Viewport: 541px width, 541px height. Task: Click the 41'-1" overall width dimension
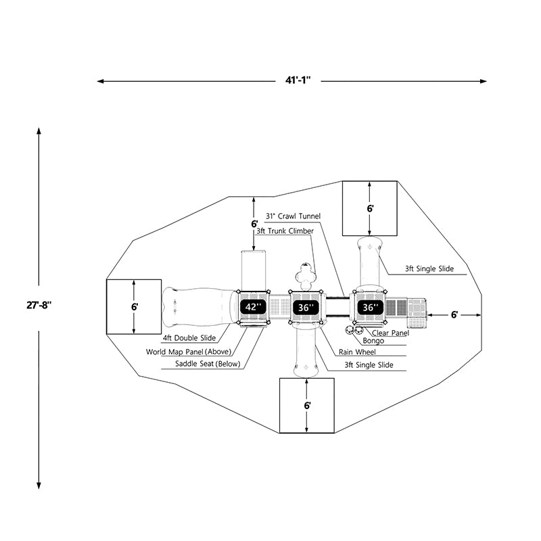click(298, 80)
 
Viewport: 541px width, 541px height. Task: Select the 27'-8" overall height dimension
click(39, 306)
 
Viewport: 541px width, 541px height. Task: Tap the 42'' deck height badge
click(254, 307)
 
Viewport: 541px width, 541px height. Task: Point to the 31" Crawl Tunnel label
click(293, 216)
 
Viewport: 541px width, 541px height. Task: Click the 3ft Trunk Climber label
click(285, 231)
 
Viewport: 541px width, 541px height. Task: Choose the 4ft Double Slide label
click(189, 338)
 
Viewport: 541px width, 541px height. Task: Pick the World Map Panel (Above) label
click(189, 352)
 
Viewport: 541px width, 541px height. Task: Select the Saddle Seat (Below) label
click(208, 364)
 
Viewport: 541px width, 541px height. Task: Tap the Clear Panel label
click(390, 333)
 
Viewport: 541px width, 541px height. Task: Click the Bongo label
click(373, 341)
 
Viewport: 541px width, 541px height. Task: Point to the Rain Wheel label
click(357, 352)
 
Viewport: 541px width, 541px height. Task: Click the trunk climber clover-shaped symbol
click(306, 276)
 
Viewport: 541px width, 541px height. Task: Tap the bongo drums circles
click(354, 330)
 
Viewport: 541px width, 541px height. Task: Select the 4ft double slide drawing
click(199, 307)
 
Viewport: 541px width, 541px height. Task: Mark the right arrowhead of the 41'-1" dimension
click(484, 81)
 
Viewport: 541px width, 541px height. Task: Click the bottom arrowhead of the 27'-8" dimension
click(39, 486)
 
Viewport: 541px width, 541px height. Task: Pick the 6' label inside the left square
click(135, 307)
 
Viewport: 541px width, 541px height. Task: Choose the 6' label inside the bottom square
click(308, 405)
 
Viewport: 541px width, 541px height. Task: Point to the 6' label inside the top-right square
click(370, 208)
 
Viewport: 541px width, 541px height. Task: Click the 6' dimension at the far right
click(454, 314)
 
